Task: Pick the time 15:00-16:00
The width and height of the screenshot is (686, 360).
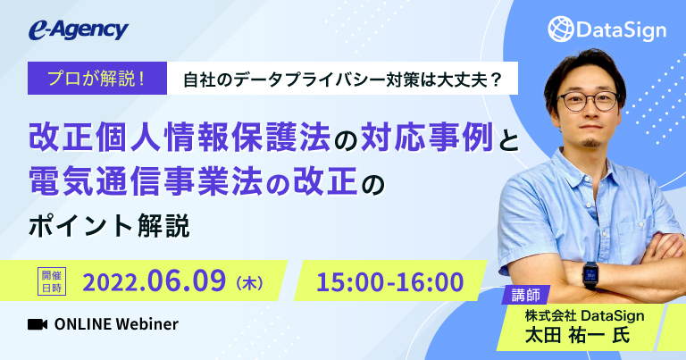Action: pyautogui.click(x=390, y=281)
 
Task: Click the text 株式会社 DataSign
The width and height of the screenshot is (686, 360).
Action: pyautogui.click(x=584, y=314)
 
